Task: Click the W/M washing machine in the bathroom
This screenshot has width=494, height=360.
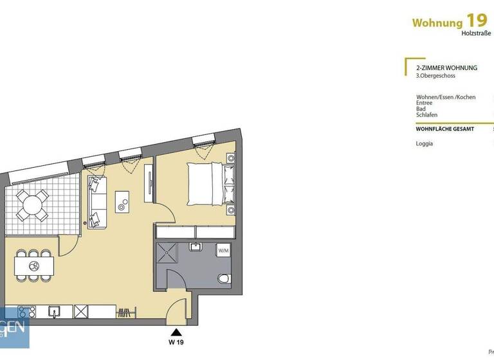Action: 223,250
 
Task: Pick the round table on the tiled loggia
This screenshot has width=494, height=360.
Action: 31,205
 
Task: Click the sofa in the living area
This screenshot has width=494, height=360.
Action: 97,202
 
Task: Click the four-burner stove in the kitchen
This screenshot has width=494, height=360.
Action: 26,312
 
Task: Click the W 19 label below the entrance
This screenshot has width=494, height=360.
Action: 176,343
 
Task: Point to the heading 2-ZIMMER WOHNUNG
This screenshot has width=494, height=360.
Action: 446,67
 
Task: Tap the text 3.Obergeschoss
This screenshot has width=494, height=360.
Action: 435,76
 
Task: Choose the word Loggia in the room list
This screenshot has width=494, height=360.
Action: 425,143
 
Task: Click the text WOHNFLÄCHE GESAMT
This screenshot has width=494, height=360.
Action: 445,129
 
